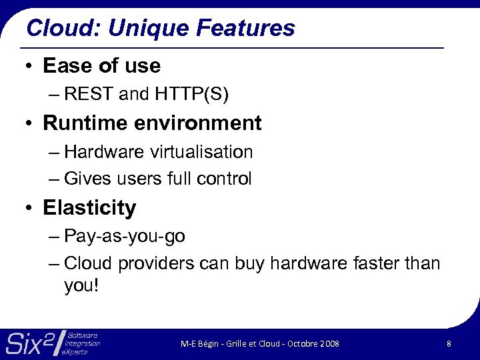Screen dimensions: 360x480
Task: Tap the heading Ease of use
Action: (x=101, y=66)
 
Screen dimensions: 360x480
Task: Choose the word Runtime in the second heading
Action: (x=85, y=123)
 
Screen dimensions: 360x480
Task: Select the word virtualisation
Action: (x=201, y=152)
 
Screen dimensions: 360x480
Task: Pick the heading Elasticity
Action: (x=89, y=208)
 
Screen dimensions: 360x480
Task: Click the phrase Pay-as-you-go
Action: (x=125, y=237)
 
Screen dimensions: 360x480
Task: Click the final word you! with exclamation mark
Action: (x=81, y=286)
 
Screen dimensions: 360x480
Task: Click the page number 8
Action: (x=449, y=344)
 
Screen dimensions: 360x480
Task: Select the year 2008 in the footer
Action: (x=329, y=344)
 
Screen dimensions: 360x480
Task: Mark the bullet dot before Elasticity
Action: (x=29, y=209)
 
